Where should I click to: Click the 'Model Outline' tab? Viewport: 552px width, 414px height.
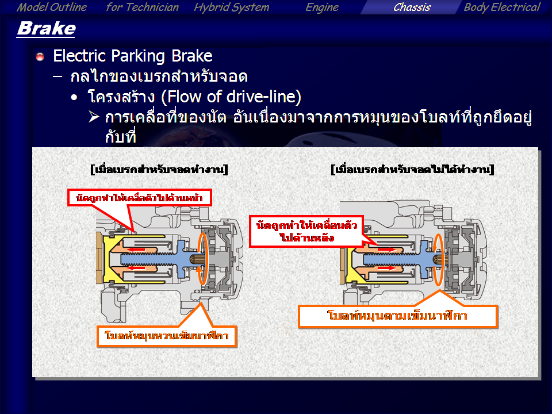pos(52,7)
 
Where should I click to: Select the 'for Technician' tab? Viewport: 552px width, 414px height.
pos(142,7)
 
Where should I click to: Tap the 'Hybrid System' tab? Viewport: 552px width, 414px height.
pos(231,7)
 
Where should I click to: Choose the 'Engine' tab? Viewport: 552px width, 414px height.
pos(322,7)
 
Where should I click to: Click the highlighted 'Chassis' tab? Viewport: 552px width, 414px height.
pos(412,7)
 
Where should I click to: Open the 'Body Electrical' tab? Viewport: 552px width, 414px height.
pos(501,7)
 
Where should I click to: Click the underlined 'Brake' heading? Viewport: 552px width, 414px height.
pos(46,29)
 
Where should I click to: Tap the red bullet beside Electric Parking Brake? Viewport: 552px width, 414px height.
pos(40,56)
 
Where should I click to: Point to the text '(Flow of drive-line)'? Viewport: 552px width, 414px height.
pos(231,97)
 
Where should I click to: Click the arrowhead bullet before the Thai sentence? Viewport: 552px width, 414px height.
pos(94,117)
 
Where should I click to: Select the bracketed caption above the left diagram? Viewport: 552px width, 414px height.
pos(159,169)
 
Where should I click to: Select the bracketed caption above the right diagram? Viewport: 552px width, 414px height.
pos(413,169)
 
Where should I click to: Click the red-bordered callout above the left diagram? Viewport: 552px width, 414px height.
pos(140,198)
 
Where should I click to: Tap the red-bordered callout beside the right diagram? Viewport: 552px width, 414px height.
pos(306,231)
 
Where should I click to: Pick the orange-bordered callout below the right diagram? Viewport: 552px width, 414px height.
pos(398,316)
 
